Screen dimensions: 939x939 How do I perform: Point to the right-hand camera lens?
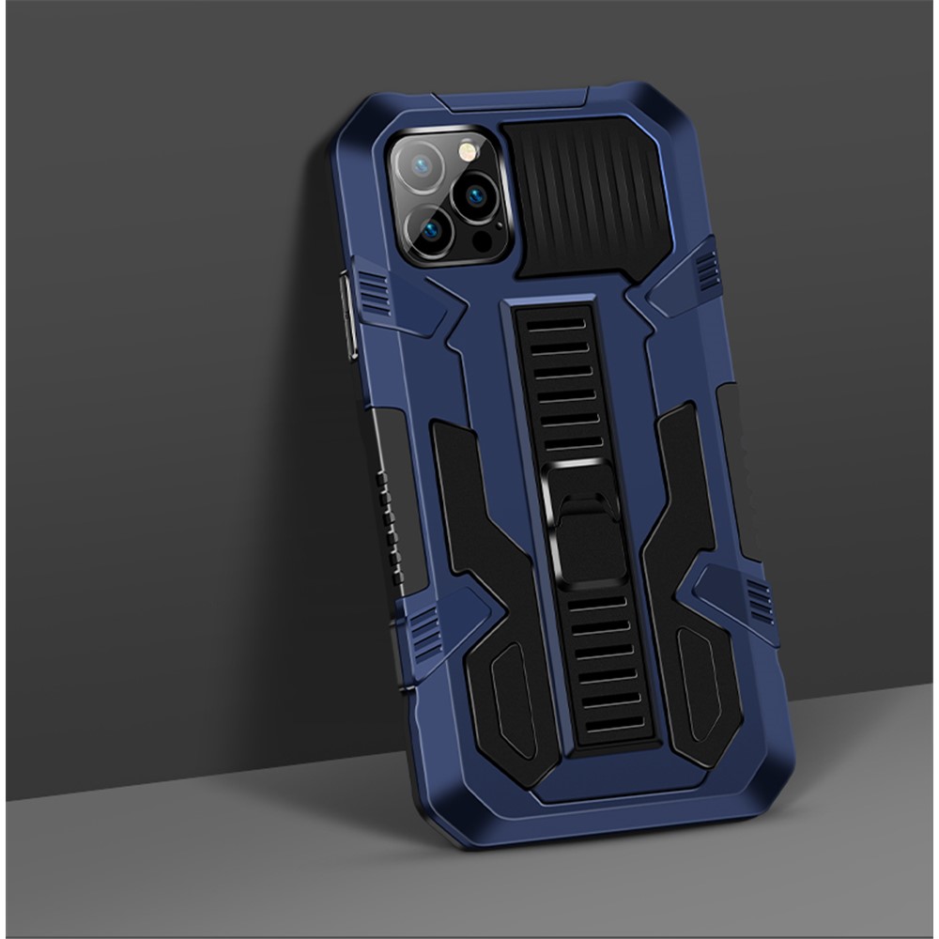point(476,195)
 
